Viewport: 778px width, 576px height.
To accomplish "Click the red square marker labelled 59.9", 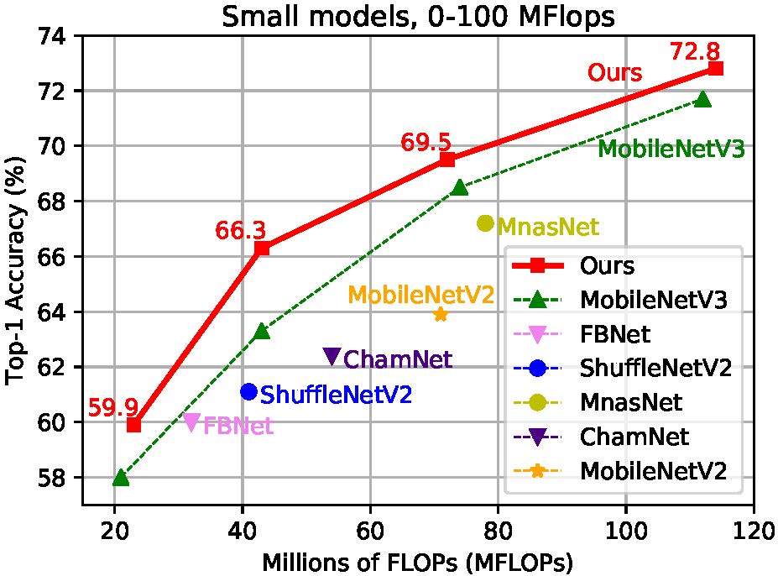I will tap(133, 425).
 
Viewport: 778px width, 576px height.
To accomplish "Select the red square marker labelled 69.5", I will tap(447, 160).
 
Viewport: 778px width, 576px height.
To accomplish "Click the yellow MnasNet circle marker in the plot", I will tap(485, 223).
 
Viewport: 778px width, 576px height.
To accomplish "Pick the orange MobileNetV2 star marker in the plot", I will tap(441, 314).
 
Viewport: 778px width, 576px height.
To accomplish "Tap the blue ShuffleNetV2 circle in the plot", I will tap(248, 391).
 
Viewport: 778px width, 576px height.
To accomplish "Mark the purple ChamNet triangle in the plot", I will tap(332, 356).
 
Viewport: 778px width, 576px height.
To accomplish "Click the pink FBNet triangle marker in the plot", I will tap(191, 422).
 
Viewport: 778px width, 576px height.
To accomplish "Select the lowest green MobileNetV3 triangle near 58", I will tap(121, 477).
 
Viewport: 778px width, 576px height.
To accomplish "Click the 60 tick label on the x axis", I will tap(370, 532).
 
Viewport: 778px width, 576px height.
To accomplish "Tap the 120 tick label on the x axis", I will tap(754, 532).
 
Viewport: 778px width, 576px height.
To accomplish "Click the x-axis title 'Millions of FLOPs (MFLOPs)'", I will tap(417, 560).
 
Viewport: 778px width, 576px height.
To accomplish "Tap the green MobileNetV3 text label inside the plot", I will tap(671, 150).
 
